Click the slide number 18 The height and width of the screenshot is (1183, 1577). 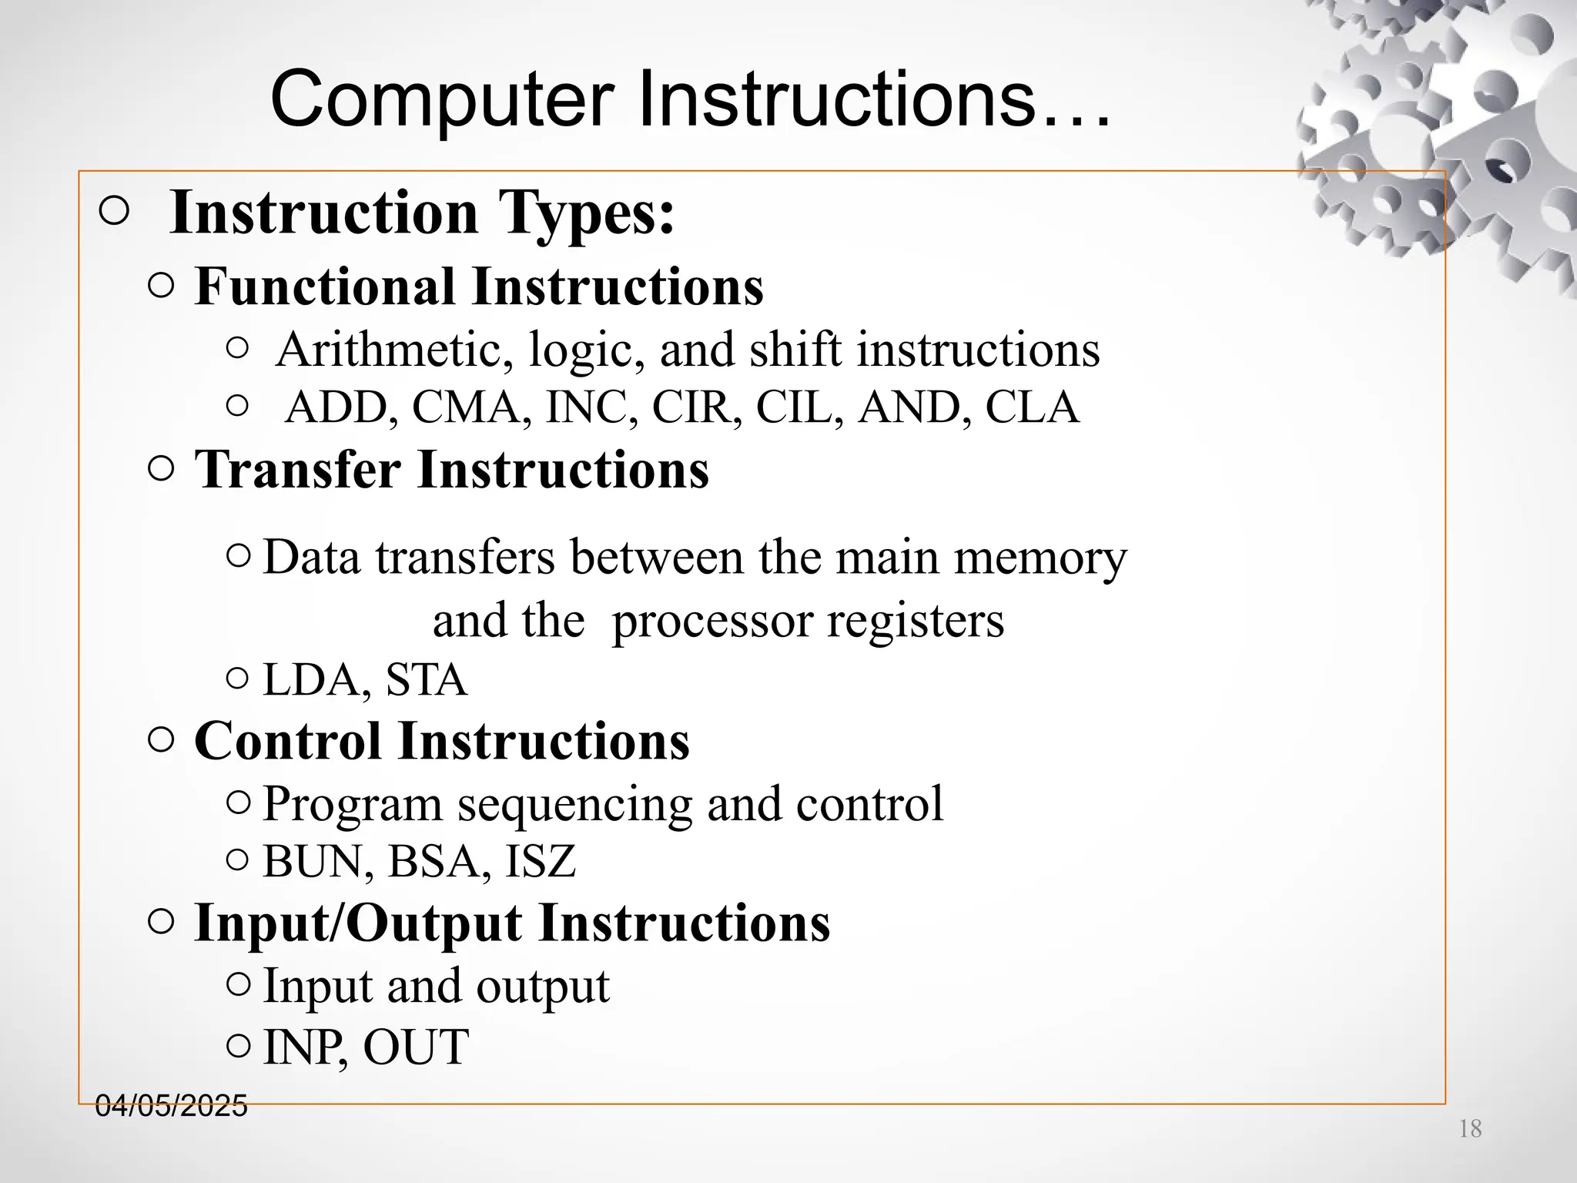pos(1470,1129)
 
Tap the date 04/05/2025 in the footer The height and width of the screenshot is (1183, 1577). pos(171,1106)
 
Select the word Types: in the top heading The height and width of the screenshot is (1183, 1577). pos(587,213)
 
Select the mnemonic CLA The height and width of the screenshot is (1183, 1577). pos(1032,407)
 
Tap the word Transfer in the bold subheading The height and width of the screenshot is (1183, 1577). pos(297,469)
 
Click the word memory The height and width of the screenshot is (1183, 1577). pos(1040,558)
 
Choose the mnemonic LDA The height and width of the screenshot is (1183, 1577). pos(316,680)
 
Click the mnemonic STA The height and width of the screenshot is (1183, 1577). pos(426,680)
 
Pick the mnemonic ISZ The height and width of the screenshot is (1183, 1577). pos(541,861)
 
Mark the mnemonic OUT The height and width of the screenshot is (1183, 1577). pos(416,1047)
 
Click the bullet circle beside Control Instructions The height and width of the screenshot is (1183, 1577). pos(160,741)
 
